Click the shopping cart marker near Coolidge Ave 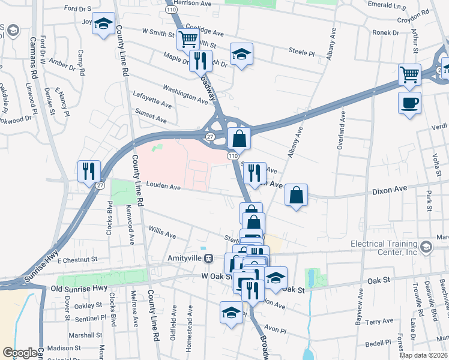click(x=188, y=40)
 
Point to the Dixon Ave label click(x=390, y=190)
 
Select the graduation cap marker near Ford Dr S click(x=104, y=24)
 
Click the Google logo click(x=20, y=353)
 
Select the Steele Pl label click(x=301, y=52)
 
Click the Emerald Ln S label click(x=390, y=5)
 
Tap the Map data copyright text click(x=424, y=355)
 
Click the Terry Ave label click(x=379, y=322)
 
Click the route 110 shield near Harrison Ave click(x=172, y=10)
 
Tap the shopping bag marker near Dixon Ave click(x=296, y=194)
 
